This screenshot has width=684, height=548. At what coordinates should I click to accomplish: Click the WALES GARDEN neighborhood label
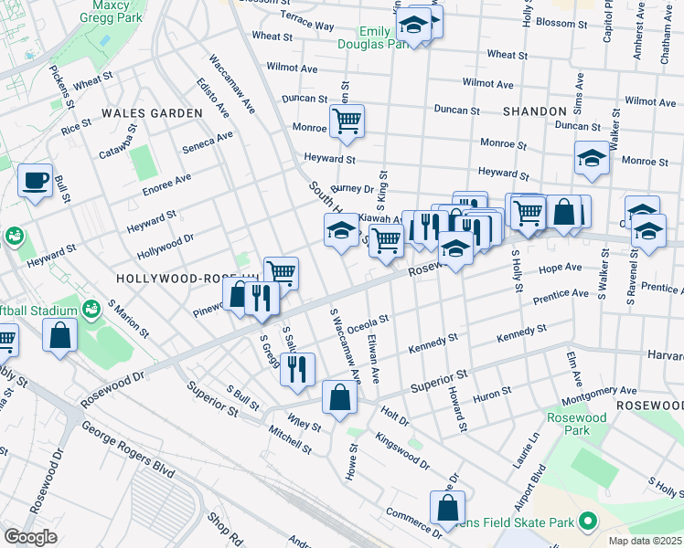pyautogui.click(x=152, y=113)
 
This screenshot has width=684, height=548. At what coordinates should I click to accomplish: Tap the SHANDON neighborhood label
pyautogui.click(x=535, y=111)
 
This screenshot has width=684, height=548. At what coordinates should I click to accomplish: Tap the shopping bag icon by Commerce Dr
pyautogui.click(x=447, y=508)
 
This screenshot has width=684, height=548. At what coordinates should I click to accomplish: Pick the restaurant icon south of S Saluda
pyautogui.click(x=297, y=368)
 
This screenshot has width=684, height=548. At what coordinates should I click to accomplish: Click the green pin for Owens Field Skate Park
pyautogui.click(x=587, y=522)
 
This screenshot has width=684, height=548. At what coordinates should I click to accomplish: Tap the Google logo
pyautogui.click(x=31, y=537)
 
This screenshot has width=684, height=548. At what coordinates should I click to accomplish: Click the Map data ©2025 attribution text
pyautogui.click(x=646, y=541)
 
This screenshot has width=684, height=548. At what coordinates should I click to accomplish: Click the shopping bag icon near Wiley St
pyautogui.click(x=339, y=397)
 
